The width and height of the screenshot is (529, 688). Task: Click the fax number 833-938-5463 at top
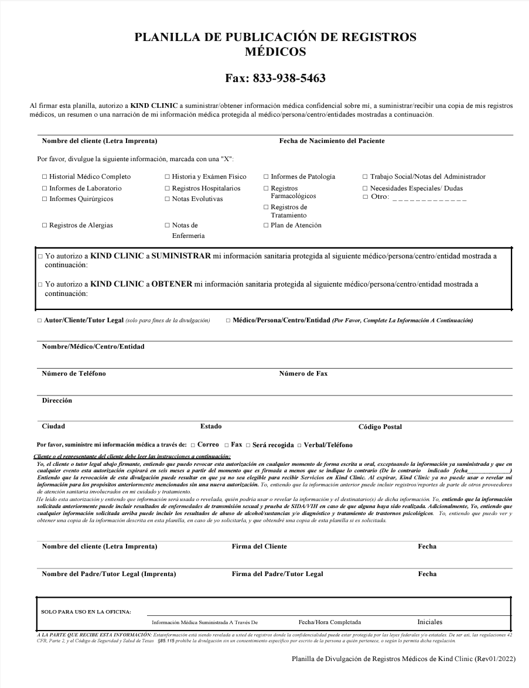(x=275, y=78)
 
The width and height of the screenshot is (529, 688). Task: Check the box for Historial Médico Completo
(x=45, y=176)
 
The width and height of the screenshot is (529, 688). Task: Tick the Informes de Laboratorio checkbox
(x=45, y=188)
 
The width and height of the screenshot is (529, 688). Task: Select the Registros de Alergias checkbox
(x=45, y=225)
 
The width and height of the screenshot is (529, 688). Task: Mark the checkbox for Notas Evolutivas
(x=167, y=199)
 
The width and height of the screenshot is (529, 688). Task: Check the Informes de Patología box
(x=266, y=176)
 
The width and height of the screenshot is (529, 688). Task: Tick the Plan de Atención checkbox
(x=266, y=225)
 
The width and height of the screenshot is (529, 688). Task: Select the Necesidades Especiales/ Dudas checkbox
(x=365, y=188)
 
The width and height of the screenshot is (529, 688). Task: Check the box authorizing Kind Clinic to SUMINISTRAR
(x=40, y=257)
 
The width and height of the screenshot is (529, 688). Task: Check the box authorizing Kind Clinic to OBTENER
(x=40, y=285)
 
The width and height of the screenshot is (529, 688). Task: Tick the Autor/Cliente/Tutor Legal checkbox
(x=39, y=321)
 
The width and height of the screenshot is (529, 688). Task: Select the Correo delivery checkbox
(x=193, y=445)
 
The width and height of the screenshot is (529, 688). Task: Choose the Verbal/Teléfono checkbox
(x=299, y=445)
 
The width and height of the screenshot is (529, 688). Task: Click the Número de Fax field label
(x=303, y=373)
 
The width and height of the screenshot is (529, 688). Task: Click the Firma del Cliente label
(x=259, y=546)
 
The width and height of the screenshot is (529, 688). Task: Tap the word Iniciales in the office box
(x=429, y=622)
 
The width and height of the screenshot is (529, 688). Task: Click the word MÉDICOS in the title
(x=275, y=52)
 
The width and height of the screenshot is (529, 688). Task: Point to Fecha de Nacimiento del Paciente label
(x=332, y=141)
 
